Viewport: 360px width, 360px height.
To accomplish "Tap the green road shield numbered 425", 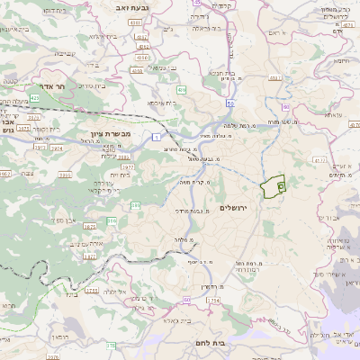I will (x=34, y=95).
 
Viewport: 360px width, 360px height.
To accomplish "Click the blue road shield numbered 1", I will (x=157, y=136).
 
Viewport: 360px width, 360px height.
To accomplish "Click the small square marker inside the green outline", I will (x=280, y=185).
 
